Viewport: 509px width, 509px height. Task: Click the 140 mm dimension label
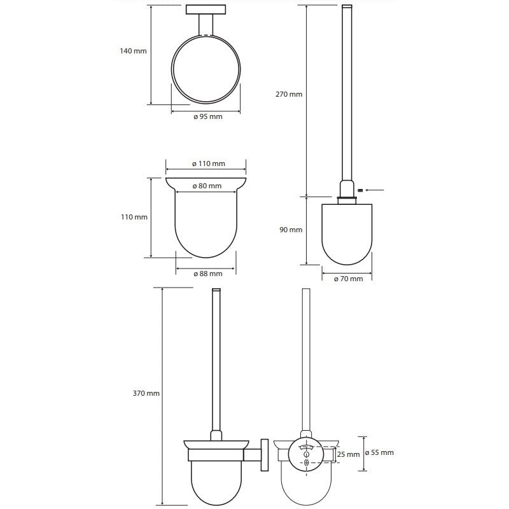[x=133, y=51]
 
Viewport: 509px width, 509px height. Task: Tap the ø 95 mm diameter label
[x=208, y=116]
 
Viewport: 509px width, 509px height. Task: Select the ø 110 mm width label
[x=209, y=164]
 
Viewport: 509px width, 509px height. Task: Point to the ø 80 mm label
[x=207, y=186]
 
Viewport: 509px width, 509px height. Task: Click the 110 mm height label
[x=134, y=217]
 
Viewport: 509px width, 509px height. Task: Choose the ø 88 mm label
[x=208, y=274]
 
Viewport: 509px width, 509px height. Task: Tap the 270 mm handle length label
[x=289, y=94]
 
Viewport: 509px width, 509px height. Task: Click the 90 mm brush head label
[x=291, y=230]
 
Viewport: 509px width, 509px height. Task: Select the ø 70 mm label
[x=348, y=279]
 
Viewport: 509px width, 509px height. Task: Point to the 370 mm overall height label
[x=146, y=393]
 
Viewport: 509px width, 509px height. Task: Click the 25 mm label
[x=348, y=454]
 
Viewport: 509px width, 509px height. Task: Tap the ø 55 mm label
[x=379, y=452]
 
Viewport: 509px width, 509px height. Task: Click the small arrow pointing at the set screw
[x=375, y=190]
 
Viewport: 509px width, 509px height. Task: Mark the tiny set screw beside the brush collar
[x=359, y=190]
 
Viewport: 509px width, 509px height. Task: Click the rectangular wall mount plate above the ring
[x=206, y=10]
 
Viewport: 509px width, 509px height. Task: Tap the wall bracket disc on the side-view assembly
[x=265, y=455]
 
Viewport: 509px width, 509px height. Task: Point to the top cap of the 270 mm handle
[x=347, y=6]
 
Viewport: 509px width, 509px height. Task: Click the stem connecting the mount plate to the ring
[x=206, y=24]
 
